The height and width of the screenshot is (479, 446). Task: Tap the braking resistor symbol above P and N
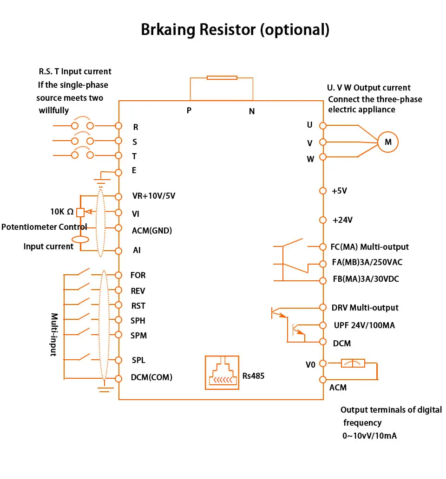(x=222, y=78)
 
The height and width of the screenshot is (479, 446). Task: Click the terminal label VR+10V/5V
(x=154, y=196)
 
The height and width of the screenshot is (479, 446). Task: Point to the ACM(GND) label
(x=152, y=231)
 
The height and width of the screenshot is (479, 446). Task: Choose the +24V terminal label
(x=342, y=220)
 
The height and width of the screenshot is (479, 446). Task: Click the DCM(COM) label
(x=151, y=377)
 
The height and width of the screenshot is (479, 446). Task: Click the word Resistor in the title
(x=228, y=30)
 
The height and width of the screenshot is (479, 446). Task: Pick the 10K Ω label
(x=62, y=212)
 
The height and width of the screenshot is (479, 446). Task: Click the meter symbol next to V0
(x=353, y=363)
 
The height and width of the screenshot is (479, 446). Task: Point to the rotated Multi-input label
(x=54, y=335)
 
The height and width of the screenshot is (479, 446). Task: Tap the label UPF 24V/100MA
(x=364, y=325)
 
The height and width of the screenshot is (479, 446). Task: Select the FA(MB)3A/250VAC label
(x=367, y=262)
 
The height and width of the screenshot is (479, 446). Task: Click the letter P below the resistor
(x=189, y=110)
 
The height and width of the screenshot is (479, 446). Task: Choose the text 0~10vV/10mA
(x=369, y=436)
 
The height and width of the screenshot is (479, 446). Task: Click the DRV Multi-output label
(x=365, y=308)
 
